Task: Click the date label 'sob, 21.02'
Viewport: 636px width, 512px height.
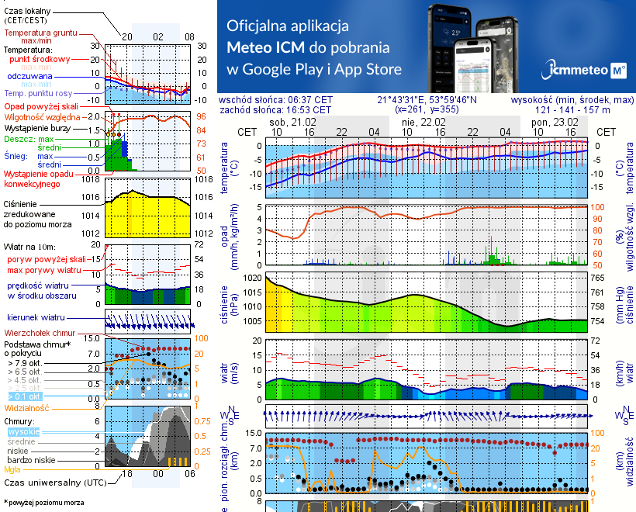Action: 292,123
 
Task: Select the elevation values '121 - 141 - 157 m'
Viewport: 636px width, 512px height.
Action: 572,110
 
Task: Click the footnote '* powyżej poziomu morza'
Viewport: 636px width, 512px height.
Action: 44,503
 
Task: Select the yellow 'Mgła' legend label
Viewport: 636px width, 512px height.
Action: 12,469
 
